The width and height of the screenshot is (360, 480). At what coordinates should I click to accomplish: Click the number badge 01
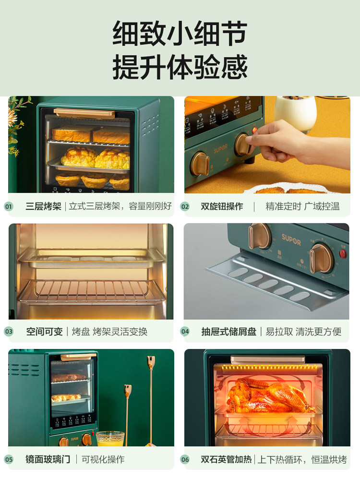tap(9, 207)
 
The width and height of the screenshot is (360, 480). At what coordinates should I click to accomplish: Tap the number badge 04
tap(185, 332)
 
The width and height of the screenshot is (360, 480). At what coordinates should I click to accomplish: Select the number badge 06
tap(185, 459)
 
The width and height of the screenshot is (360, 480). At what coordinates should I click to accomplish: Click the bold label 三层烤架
tap(44, 207)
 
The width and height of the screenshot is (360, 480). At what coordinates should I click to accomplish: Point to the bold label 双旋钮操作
tap(222, 207)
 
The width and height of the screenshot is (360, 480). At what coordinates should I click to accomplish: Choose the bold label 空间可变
tap(44, 332)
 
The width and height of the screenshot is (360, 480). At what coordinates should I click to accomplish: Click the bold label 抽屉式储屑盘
tap(228, 332)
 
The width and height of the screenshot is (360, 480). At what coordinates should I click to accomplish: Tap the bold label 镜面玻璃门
tap(48, 459)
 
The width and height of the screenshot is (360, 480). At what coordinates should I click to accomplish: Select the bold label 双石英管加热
tap(226, 459)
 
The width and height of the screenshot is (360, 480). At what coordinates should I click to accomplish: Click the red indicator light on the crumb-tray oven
tap(343, 254)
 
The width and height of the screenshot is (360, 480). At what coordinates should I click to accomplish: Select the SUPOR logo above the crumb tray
tap(291, 239)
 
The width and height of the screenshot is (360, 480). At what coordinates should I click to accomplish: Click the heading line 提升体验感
tap(180, 67)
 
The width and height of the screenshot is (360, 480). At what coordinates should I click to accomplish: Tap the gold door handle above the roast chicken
tap(267, 359)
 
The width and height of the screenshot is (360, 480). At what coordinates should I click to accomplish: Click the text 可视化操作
tap(103, 459)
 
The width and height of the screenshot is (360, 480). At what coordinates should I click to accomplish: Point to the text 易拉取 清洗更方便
tap(303, 332)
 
